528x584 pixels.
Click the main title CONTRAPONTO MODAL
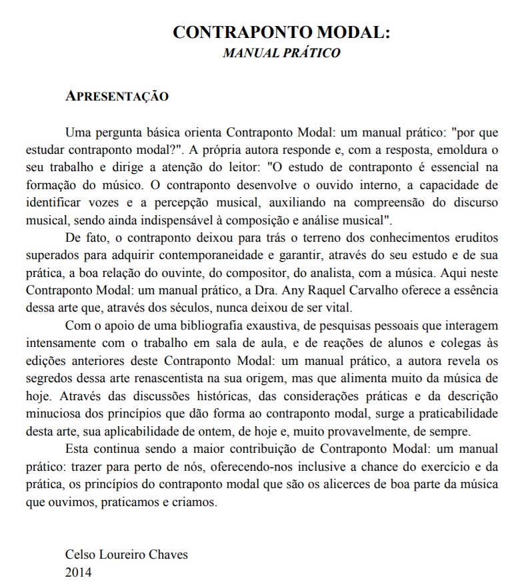tap(281, 33)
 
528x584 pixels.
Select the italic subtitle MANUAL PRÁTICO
tap(281, 53)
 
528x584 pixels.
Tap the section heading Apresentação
tap(117, 96)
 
